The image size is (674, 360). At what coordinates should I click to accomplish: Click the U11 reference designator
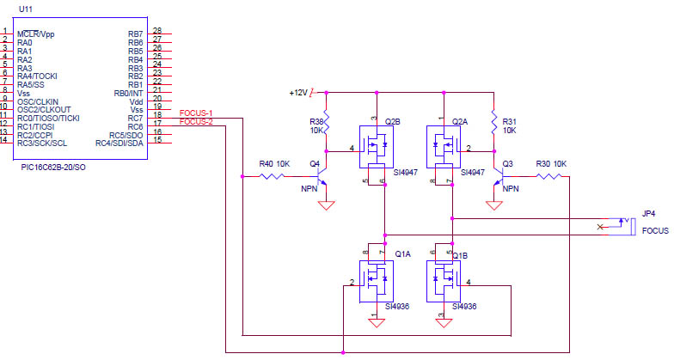pyautogui.click(x=26, y=9)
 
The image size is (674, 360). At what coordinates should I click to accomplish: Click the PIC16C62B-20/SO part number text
pyautogui.click(x=53, y=167)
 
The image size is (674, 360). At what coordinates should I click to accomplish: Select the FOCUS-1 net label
pyautogui.click(x=196, y=113)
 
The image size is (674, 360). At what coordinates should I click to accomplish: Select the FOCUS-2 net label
pyautogui.click(x=196, y=122)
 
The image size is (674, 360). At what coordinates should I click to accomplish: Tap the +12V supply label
pyautogui.click(x=298, y=93)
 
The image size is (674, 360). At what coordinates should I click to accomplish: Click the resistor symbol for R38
pyautogui.click(x=327, y=122)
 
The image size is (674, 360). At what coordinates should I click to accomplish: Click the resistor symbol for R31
pyautogui.click(x=493, y=122)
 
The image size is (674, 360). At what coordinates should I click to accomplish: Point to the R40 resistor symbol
pyautogui.click(x=272, y=176)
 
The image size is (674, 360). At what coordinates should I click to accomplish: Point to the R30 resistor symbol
pyautogui.click(x=548, y=176)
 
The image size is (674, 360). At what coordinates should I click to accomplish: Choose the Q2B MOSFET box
pyautogui.click(x=377, y=147)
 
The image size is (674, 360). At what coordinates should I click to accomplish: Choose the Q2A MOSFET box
pyautogui.click(x=444, y=147)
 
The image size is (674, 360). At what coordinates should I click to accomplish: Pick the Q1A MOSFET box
pyautogui.click(x=377, y=282)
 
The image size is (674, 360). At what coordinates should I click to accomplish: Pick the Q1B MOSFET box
pyautogui.click(x=444, y=282)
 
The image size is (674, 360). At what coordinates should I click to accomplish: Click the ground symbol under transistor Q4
pyautogui.click(x=327, y=205)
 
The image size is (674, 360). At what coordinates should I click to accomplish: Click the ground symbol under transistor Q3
pyautogui.click(x=493, y=205)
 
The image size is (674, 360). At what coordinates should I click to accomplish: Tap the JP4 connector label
pyautogui.click(x=648, y=213)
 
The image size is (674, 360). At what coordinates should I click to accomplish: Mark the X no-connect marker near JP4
pyautogui.click(x=600, y=227)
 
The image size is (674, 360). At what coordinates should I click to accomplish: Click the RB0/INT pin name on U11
pyautogui.click(x=128, y=93)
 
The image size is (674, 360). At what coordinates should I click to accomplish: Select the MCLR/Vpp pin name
pyautogui.click(x=36, y=34)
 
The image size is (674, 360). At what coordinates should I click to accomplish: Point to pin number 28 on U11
pyautogui.click(x=157, y=31)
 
